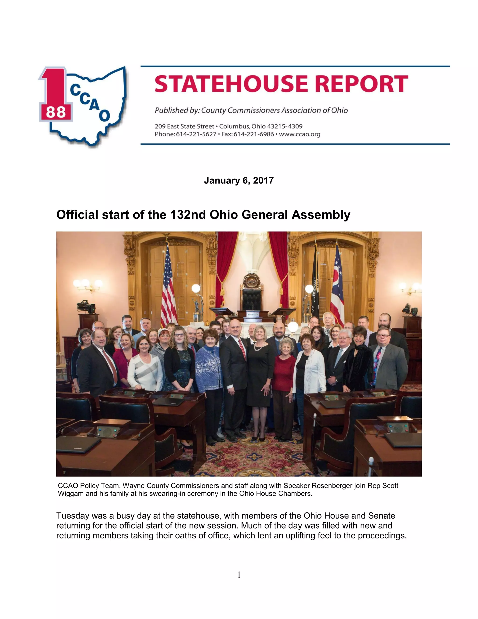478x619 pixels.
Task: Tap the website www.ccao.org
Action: [300, 134]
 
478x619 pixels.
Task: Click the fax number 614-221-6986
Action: [254, 134]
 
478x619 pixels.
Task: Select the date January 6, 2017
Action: [239, 181]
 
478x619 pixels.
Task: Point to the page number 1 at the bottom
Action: [239, 575]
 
